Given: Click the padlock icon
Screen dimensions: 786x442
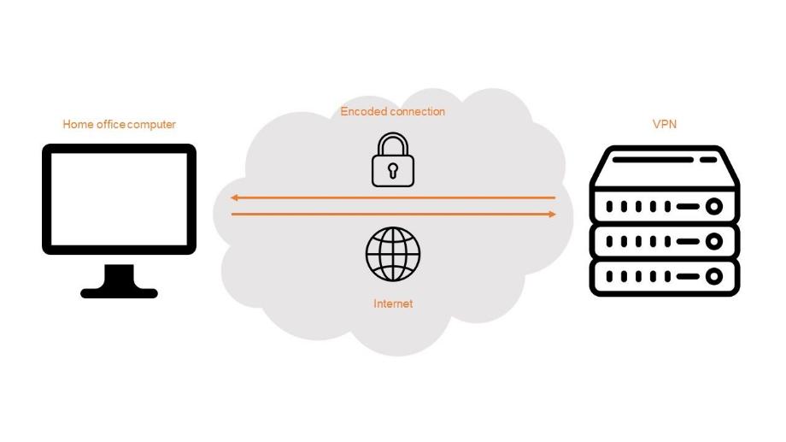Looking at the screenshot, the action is click(x=393, y=160).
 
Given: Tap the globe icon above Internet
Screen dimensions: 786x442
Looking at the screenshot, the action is click(x=393, y=254).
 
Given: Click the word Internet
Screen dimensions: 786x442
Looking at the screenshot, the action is click(x=393, y=304).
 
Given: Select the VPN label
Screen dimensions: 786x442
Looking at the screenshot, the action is click(x=664, y=124).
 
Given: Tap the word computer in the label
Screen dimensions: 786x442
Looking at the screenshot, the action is click(x=151, y=125).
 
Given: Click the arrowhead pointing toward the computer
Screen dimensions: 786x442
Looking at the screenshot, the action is click(x=234, y=197).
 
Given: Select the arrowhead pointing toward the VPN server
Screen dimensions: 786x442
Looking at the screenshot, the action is click(x=552, y=215).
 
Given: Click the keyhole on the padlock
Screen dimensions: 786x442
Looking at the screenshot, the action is click(x=393, y=170).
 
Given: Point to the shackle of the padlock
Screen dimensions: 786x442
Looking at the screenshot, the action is click(x=393, y=144).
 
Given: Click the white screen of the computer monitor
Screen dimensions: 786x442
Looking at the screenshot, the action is click(x=120, y=199).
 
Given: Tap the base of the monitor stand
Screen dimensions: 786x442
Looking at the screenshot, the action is click(x=120, y=292).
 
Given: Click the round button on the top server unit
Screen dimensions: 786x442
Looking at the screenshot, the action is click(x=714, y=206).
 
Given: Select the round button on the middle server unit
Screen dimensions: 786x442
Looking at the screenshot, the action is click(x=714, y=241).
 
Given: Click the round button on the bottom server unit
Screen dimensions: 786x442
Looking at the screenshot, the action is click(x=714, y=276).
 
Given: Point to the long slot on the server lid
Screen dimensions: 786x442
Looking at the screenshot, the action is click(x=653, y=160).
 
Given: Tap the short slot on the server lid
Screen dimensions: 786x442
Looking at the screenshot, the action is click(x=708, y=160).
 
